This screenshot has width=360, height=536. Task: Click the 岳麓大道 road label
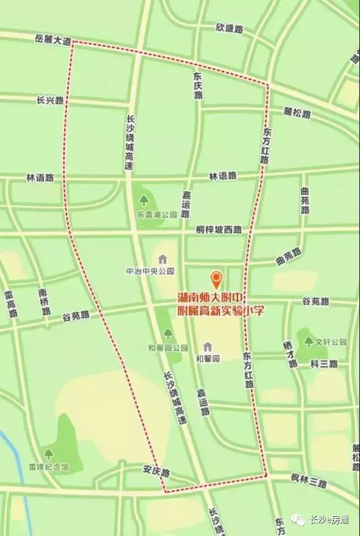pyautogui.click(x=53, y=39)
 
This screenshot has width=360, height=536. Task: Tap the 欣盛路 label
pyautogui.click(x=229, y=28)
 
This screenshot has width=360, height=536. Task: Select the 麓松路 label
pyautogui.click(x=297, y=113)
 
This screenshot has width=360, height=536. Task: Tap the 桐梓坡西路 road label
pyautogui.click(x=219, y=229)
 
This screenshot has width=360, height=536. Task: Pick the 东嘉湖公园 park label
pyautogui.click(x=157, y=215)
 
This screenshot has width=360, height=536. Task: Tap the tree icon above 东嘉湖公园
pyautogui.click(x=144, y=200)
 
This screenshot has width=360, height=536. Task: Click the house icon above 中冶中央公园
pyautogui.click(x=162, y=259)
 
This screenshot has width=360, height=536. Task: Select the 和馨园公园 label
pyautogui.click(x=168, y=347)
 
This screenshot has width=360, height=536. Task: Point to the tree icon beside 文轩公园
pyautogui.click(x=308, y=341)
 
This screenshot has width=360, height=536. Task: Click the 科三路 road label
pyautogui.click(x=324, y=364)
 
